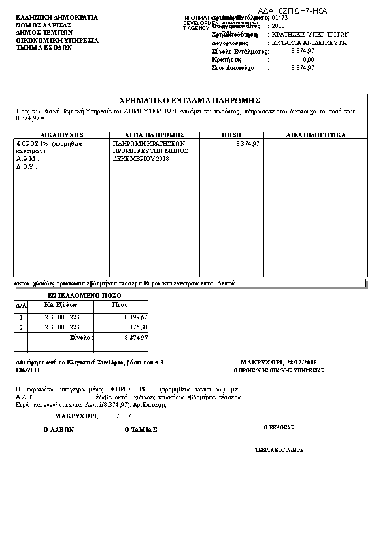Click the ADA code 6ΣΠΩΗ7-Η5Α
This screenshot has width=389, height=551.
click(301, 11)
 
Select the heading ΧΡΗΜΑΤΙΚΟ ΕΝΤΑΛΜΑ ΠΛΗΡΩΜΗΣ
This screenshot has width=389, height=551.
click(190, 100)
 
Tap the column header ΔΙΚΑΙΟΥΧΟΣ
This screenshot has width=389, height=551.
click(61, 135)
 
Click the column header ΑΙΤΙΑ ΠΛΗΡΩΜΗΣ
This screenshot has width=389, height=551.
click(154, 135)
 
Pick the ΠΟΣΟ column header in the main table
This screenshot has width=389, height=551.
click(231, 135)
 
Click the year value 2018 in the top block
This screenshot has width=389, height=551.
click(279, 26)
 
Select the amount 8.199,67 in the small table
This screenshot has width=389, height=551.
click(136, 317)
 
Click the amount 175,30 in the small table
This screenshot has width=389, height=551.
click(138, 327)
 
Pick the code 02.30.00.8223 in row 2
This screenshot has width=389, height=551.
click(60, 327)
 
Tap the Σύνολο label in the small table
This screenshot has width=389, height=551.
click(81, 337)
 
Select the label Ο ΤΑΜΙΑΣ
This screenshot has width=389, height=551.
click(141, 430)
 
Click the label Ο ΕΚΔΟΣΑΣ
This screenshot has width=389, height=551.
click(279, 427)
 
